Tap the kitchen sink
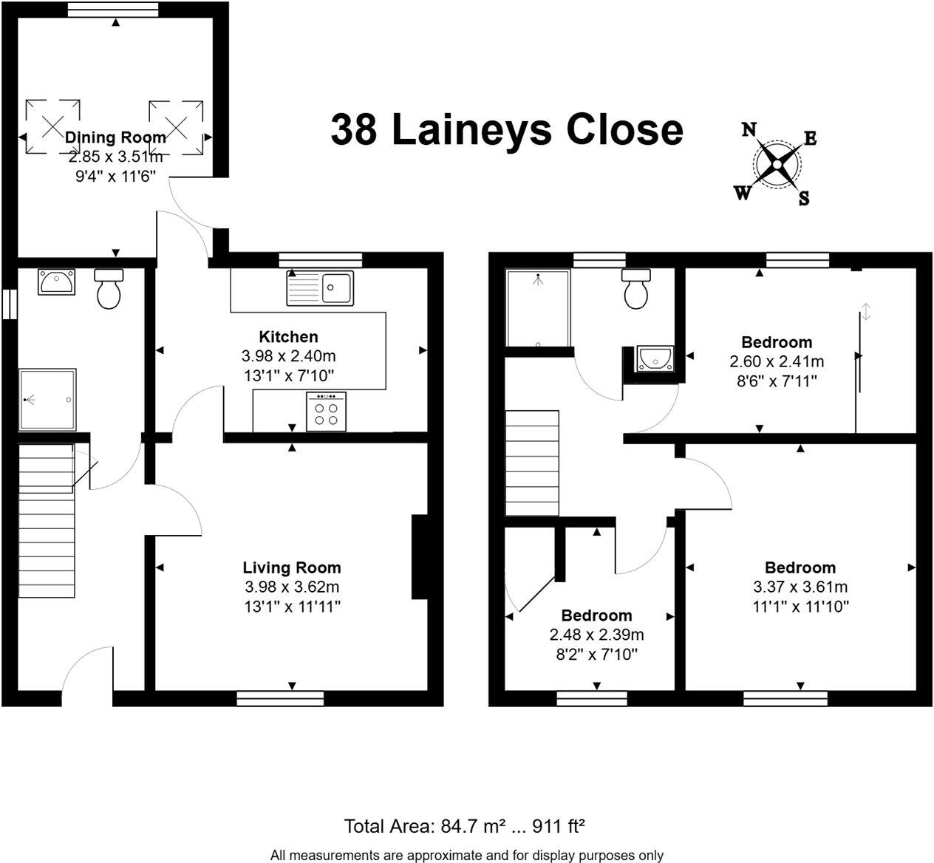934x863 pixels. [321, 287]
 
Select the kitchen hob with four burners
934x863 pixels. [326, 412]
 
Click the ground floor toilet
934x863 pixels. [109, 288]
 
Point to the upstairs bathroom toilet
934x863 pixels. [636, 288]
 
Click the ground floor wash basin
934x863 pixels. [56, 282]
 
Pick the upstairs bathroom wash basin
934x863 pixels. [655, 358]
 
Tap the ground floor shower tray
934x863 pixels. [47, 400]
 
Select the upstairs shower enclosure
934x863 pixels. [538, 308]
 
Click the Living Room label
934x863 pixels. [292, 567]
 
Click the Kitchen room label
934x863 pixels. [288, 337]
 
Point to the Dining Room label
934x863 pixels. [115, 137]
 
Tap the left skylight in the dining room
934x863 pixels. [52, 126]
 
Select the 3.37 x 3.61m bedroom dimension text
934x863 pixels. [800, 587]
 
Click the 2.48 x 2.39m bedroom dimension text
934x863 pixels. [596, 635]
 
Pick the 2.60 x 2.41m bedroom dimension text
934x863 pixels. [777, 361]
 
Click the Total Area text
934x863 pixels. [466, 825]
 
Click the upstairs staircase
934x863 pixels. [532, 463]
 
